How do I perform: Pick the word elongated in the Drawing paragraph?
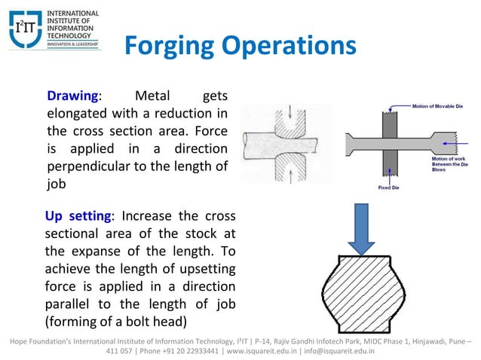[78, 114]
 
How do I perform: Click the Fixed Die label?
[390, 188]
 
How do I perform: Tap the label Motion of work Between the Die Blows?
[448, 165]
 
